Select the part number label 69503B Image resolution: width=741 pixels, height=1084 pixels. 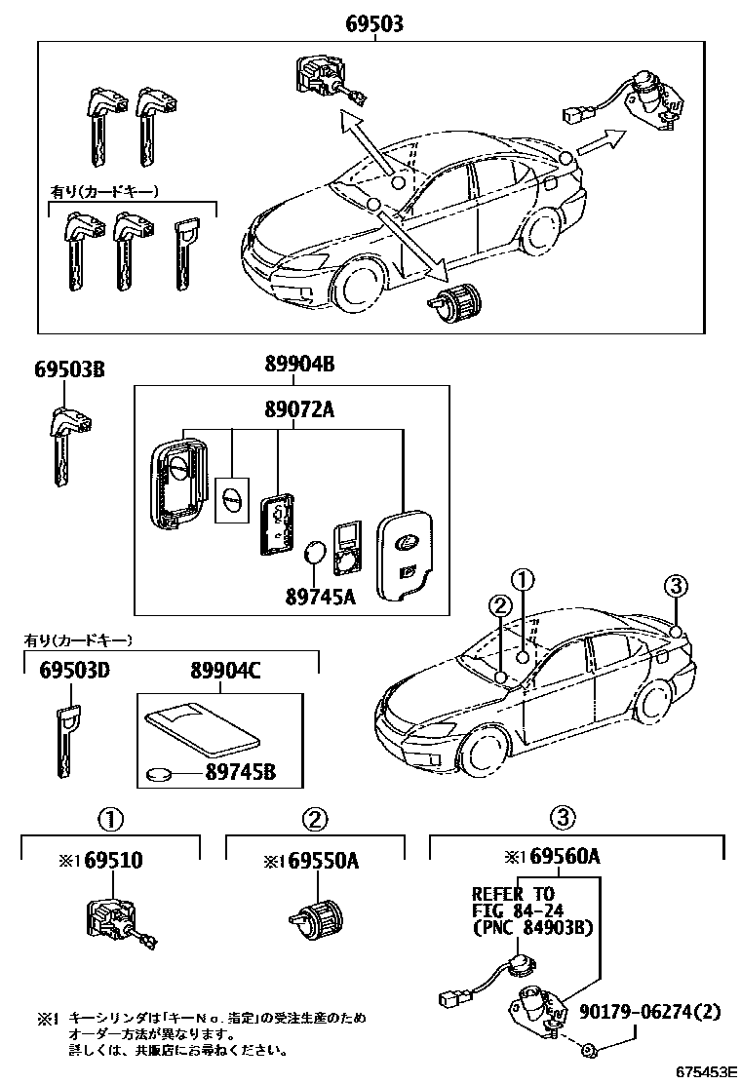point(69,369)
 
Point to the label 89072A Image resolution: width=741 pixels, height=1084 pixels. point(299,410)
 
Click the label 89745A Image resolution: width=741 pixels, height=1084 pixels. point(319,594)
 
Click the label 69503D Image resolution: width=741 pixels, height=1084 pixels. point(74,672)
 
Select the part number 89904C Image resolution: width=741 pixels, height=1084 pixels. point(225,672)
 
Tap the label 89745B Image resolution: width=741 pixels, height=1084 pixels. point(240,773)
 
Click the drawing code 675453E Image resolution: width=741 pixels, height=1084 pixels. point(702,1071)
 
